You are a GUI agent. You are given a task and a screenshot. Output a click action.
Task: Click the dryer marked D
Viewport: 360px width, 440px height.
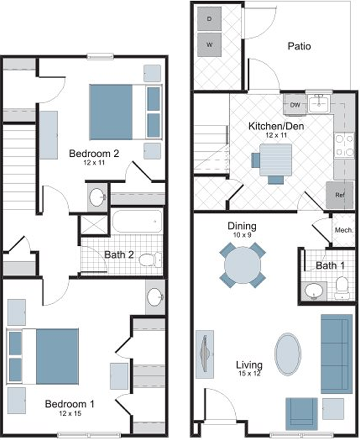209,19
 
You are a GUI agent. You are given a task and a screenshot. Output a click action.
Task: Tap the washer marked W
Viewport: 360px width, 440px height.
209,45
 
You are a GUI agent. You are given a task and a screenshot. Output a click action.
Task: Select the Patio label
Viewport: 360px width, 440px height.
299,46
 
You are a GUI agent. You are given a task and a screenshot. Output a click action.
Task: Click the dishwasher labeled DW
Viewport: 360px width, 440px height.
295,105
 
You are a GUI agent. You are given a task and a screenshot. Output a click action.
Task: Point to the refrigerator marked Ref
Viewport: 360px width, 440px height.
340,195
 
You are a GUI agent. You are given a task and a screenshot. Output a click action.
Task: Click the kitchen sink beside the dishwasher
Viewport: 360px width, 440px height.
319,103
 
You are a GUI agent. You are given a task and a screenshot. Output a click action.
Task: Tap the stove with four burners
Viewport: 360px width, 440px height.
344,145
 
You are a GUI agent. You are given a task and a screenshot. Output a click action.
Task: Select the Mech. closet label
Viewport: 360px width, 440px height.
344,230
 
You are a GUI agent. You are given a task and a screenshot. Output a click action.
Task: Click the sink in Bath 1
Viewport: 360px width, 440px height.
314,291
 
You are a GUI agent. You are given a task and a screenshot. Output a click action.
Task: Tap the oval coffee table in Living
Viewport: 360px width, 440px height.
287,354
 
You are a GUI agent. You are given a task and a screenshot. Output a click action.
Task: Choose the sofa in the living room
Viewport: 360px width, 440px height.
336,354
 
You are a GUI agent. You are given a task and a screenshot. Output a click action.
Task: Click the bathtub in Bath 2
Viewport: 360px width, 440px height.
137,221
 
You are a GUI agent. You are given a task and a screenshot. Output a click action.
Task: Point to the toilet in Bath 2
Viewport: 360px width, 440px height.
150,260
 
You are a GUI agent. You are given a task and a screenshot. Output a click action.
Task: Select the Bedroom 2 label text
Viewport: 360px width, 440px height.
94,153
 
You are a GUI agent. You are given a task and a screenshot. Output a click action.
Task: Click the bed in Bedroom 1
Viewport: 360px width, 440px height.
43,356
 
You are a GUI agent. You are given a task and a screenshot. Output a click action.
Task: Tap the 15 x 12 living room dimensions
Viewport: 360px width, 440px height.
250,373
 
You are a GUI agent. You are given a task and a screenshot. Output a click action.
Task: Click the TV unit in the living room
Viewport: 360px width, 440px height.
204,354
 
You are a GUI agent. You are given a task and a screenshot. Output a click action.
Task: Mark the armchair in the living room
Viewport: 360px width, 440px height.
301,414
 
